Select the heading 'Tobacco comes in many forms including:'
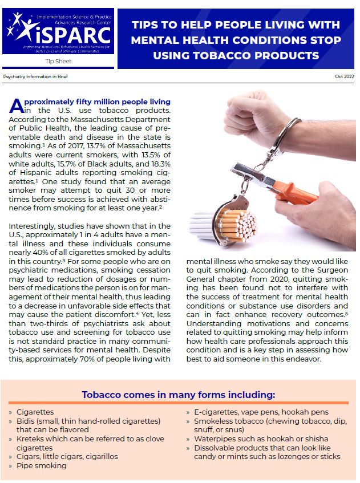tap(179, 394)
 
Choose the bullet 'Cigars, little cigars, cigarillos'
tap(67, 456)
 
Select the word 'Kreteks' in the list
tap(30, 439)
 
